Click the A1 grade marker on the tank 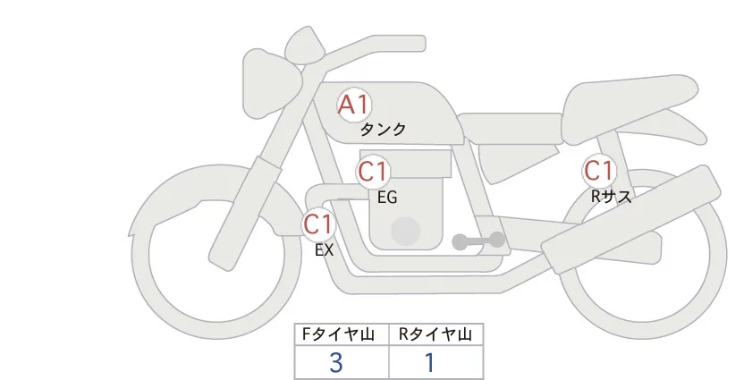(x=353, y=106)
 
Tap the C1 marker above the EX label (x=318, y=223)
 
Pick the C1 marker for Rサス (x=598, y=170)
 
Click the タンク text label (x=383, y=130)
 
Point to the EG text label (x=387, y=197)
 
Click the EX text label (x=324, y=250)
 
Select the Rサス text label (x=612, y=196)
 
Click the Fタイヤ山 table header (x=342, y=334)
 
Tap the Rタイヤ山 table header (x=435, y=334)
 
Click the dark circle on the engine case (x=405, y=231)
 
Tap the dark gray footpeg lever (x=478, y=241)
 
